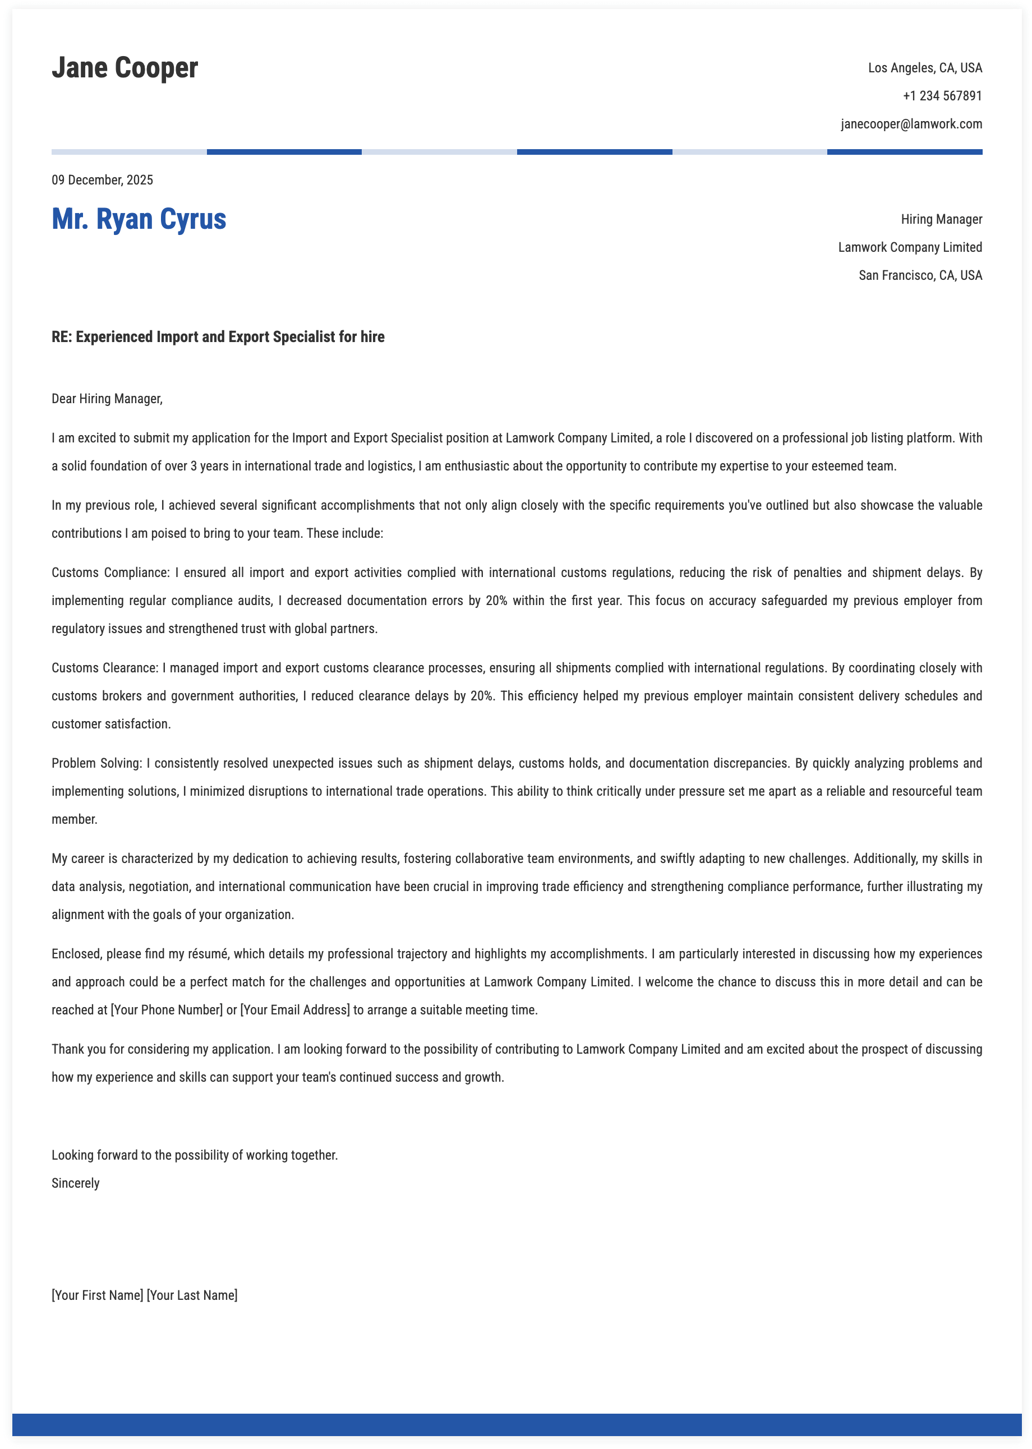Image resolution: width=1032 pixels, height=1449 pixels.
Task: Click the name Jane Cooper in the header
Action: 125,68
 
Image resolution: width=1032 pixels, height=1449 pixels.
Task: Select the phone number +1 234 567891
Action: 942,96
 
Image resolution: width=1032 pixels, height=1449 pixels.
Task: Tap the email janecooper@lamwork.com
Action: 911,124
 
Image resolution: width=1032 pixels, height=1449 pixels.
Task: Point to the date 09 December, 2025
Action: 102,180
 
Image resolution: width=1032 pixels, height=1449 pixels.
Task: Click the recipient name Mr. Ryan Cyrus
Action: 139,219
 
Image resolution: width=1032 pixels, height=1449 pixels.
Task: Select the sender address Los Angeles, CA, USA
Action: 925,68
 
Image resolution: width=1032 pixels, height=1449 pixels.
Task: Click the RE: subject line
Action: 218,336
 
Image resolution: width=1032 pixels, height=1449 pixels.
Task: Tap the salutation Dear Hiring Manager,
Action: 107,399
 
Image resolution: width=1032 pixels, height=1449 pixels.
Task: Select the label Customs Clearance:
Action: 105,668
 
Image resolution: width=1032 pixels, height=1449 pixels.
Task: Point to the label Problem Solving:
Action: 96,763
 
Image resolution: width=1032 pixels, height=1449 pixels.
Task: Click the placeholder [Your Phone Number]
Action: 167,1009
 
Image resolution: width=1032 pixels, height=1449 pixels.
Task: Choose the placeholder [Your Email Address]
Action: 295,1009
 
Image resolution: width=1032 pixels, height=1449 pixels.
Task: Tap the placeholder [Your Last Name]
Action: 192,1295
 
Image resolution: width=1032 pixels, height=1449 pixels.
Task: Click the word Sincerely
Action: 76,1183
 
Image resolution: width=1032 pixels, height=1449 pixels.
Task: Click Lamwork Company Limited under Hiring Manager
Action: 909,247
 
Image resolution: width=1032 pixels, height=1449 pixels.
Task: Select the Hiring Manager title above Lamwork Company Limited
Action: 941,219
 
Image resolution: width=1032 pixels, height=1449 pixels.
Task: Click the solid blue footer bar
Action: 516,1424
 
